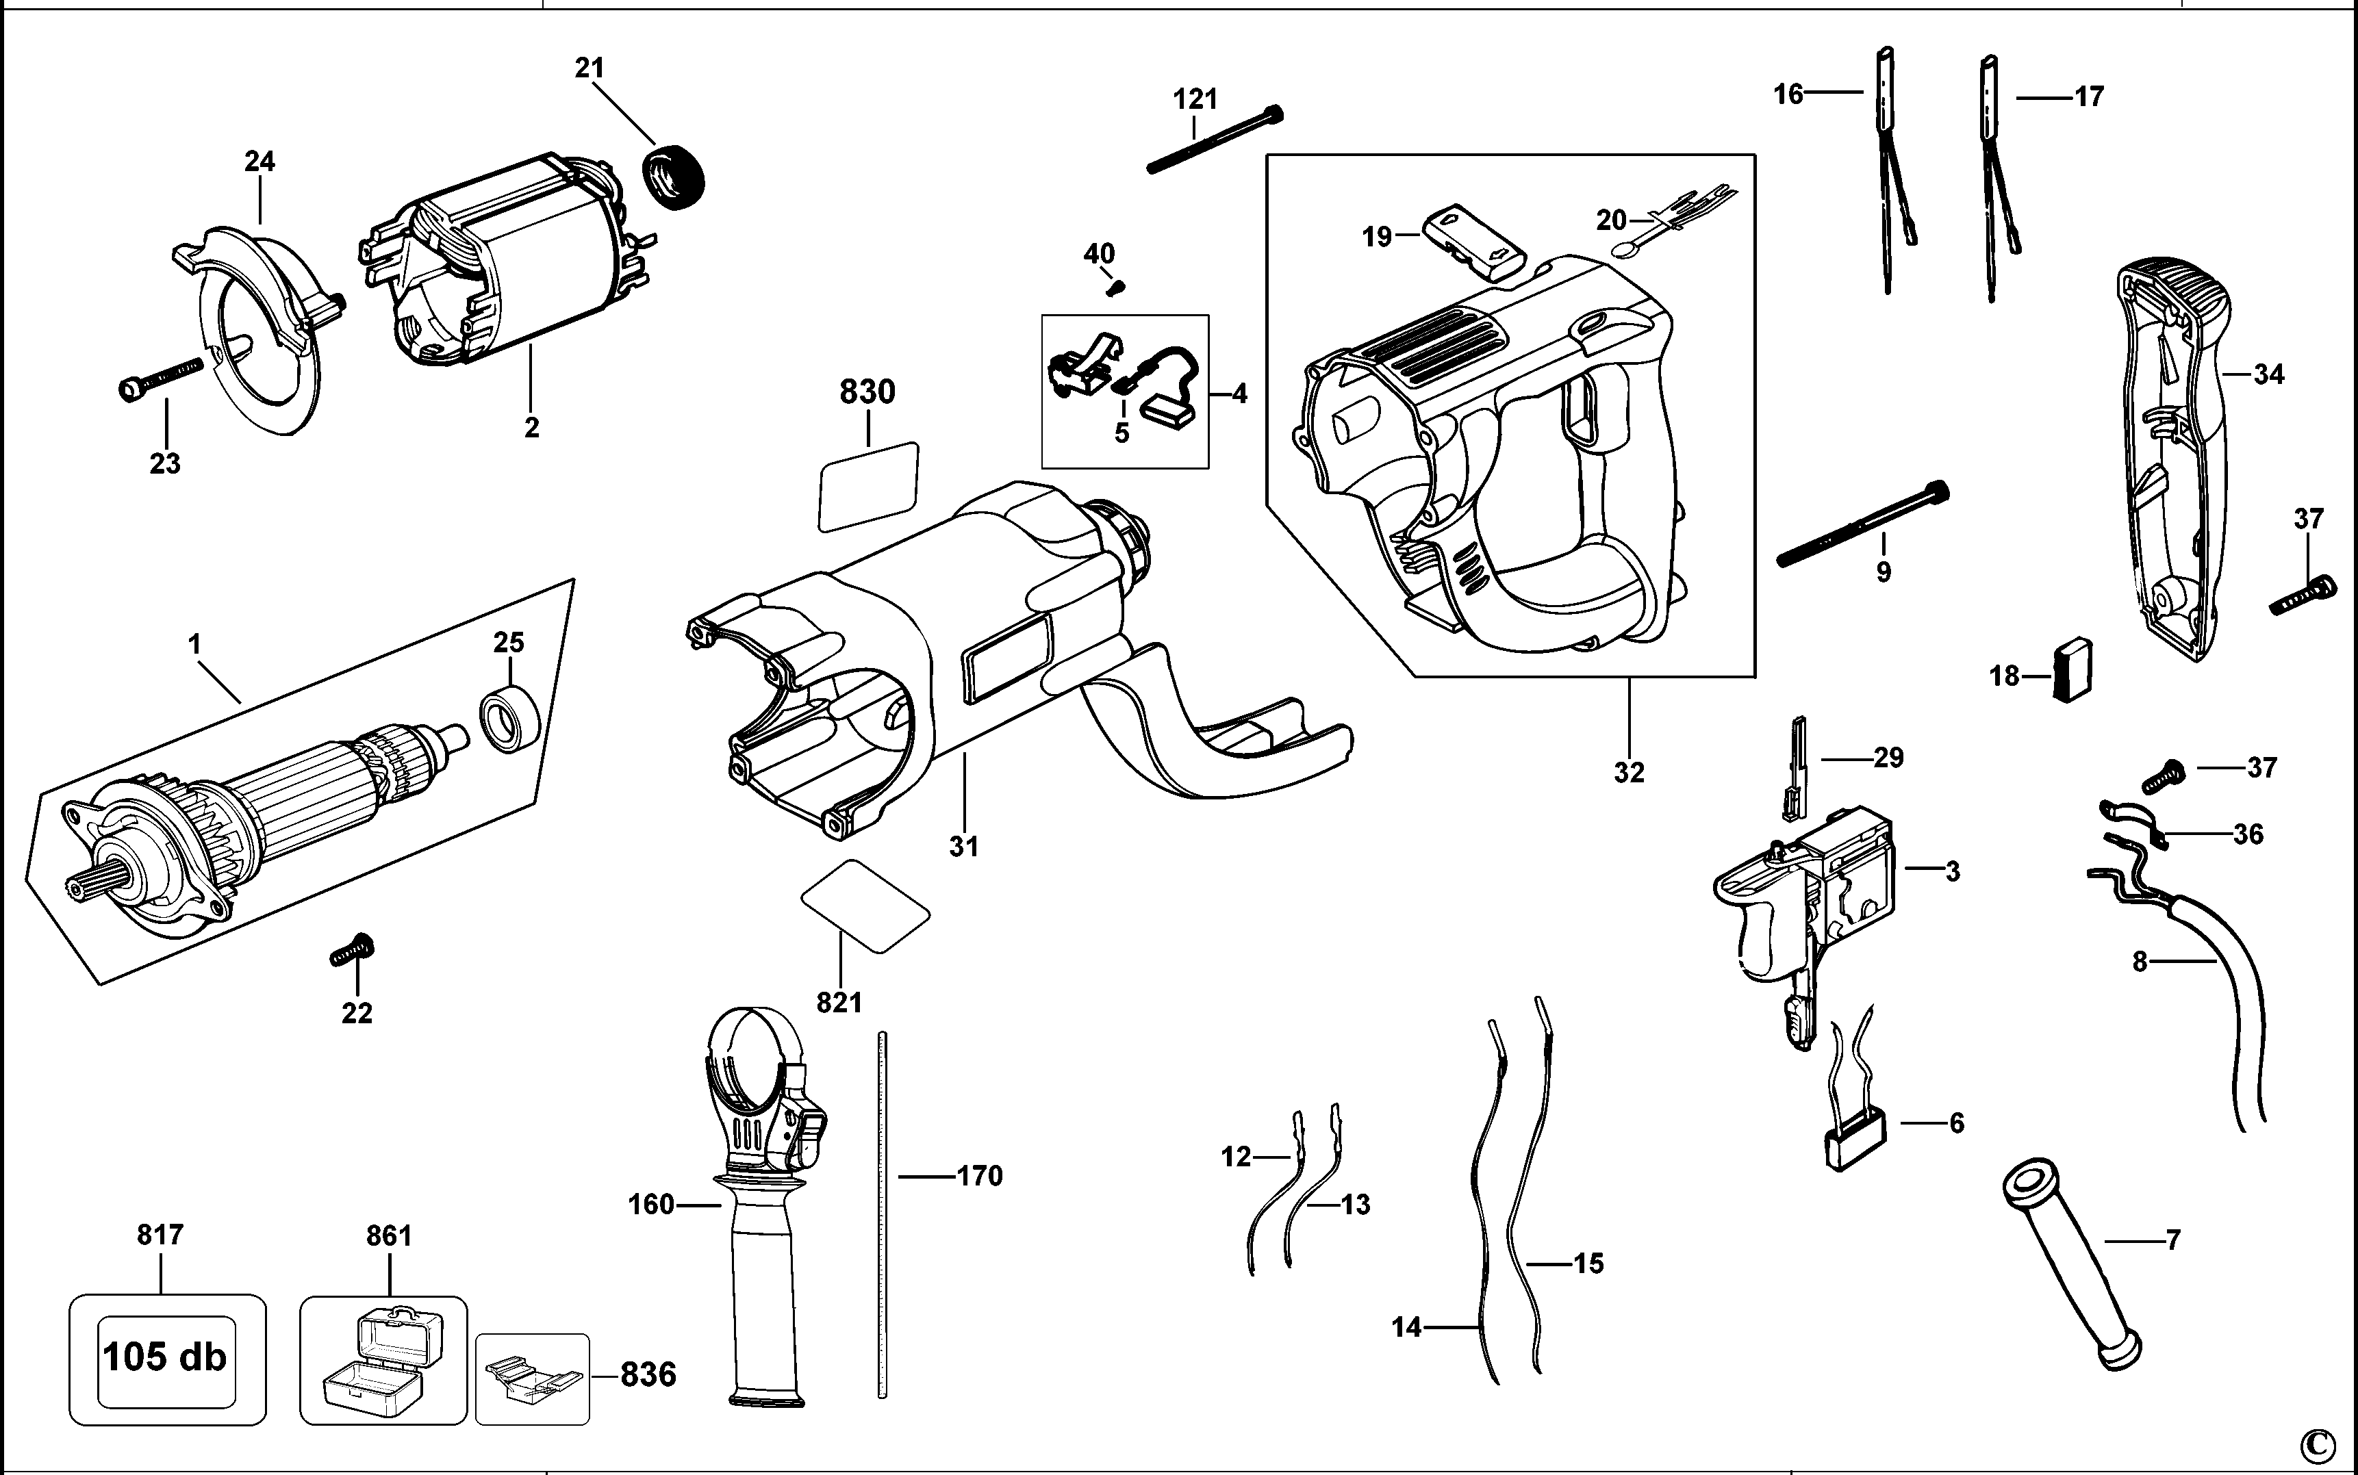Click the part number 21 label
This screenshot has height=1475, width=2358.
click(589, 68)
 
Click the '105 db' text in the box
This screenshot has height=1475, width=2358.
click(165, 1357)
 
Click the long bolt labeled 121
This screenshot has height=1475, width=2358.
click(1215, 140)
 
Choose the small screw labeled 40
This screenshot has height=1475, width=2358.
click(1116, 289)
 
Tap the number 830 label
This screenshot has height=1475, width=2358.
click(867, 392)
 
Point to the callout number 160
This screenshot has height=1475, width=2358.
click(650, 1205)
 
